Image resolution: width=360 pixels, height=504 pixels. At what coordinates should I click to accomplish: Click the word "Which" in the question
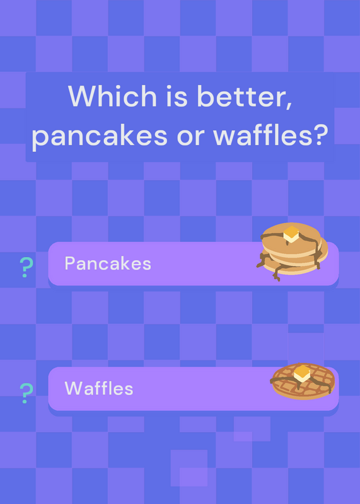click(x=112, y=96)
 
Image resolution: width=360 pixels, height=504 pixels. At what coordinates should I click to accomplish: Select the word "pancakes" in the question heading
click(x=100, y=135)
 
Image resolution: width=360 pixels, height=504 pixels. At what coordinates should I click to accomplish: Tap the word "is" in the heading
click(x=177, y=96)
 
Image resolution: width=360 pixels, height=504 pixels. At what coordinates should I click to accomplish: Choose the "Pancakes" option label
click(x=108, y=263)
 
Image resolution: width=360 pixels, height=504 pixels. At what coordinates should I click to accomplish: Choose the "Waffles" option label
click(x=99, y=388)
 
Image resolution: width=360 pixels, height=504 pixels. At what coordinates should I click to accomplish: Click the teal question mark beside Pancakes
click(x=26, y=267)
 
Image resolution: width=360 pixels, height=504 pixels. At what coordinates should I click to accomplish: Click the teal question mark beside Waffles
click(x=26, y=392)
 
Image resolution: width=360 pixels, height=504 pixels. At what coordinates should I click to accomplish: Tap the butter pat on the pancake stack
click(x=291, y=234)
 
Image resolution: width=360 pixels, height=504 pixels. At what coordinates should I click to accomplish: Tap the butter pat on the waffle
click(x=302, y=374)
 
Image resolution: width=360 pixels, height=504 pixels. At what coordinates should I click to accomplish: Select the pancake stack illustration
click(x=292, y=251)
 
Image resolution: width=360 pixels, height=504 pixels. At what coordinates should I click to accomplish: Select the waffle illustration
click(x=303, y=381)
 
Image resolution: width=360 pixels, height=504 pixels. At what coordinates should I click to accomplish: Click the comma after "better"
click(x=289, y=105)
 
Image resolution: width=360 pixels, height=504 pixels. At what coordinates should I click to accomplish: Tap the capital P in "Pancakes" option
click(x=69, y=263)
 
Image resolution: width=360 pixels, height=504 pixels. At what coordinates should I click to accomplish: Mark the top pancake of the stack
click(x=291, y=239)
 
